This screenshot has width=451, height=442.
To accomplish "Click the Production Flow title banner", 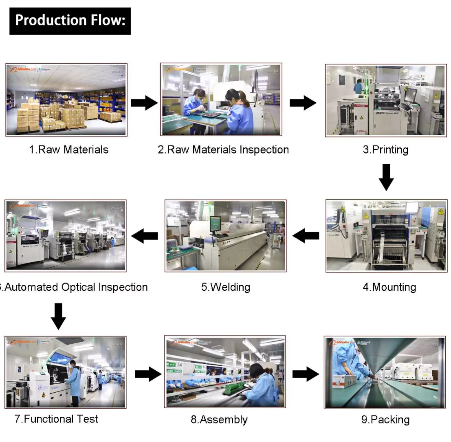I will tap(70, 21).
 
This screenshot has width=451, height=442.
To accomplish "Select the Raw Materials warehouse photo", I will tap(66, 100).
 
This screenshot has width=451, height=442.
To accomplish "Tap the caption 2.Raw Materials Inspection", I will tap(223, 150).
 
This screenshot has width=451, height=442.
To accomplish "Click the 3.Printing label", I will tap(385, 150).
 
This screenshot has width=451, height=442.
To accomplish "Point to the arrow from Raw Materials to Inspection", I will tap(144, 103).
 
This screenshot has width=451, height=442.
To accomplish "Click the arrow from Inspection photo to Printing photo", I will tap(303, 103).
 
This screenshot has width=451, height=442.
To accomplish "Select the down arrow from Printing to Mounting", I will tap(386, 177).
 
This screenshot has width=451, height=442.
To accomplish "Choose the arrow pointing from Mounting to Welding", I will tap(306, 235).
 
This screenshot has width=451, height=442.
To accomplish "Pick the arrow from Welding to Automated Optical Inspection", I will tap(145, 235).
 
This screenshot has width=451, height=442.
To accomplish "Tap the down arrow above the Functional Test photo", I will tap(59, 316).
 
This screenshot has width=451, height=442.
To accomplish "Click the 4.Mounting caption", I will tap(389, 287).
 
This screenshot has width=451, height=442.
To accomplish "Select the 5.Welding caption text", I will tap(226, 287).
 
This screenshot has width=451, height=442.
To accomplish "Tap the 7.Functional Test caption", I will tap(57, 419).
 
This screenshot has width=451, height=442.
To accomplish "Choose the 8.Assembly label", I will tap(219, 420).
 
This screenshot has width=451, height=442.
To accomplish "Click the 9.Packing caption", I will tap(385, 420).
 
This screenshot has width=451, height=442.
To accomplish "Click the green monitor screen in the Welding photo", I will tap(215, 223).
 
